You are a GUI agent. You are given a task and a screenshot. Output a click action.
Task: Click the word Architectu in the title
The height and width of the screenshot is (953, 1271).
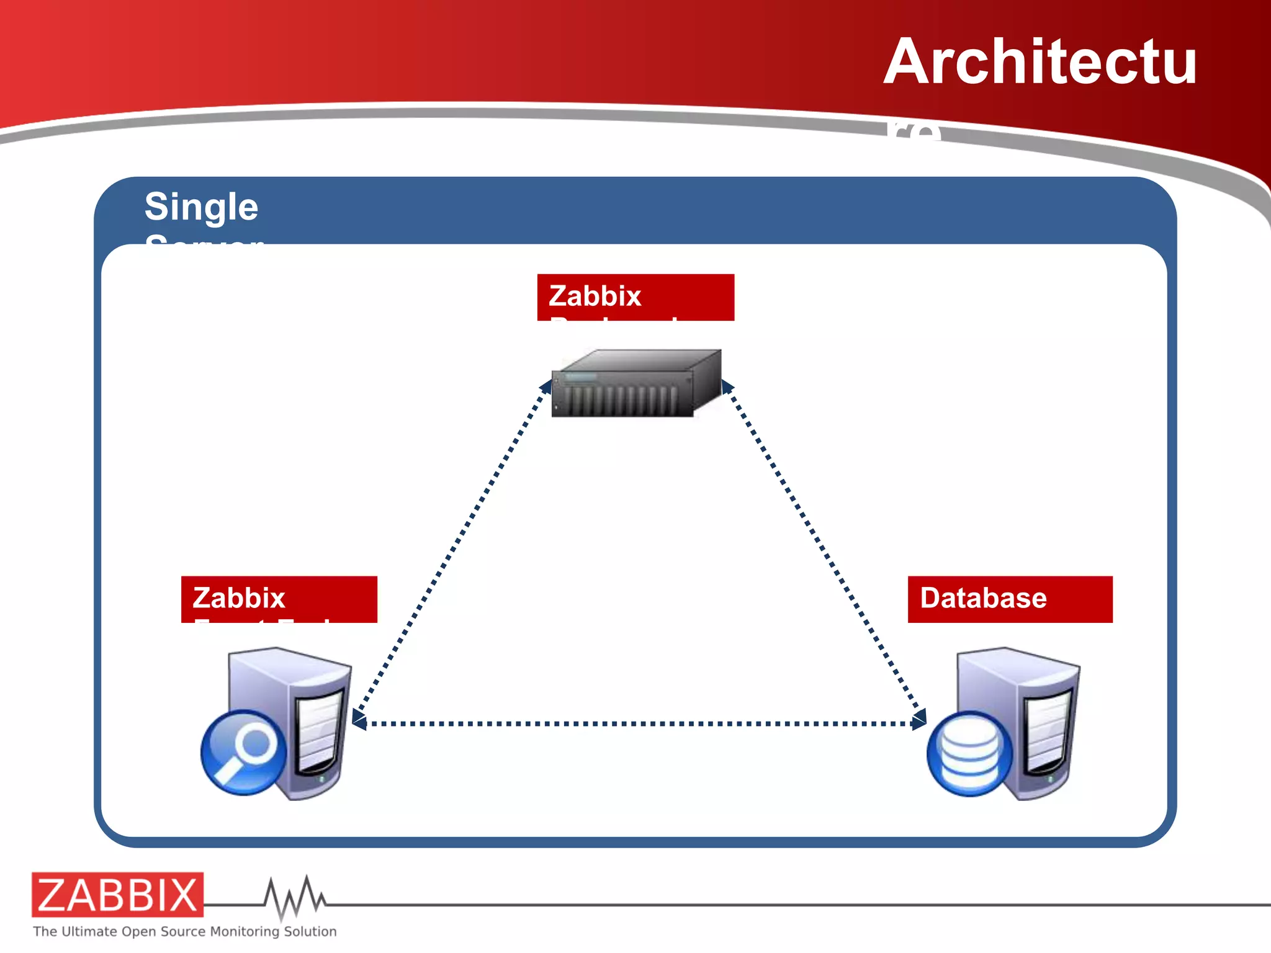pos(1040,62)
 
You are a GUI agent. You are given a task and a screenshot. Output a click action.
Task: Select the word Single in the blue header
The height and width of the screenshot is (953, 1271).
pos(201,207)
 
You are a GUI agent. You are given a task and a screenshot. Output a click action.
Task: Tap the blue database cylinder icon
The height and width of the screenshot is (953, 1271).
pos(969,753)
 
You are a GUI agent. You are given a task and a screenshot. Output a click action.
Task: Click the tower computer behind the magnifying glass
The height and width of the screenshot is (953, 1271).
pos(310,714)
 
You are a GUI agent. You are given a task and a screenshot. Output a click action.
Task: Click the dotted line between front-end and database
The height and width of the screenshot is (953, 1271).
pos(639,723)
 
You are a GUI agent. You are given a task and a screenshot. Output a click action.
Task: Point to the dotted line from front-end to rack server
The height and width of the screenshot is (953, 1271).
pos(453,546)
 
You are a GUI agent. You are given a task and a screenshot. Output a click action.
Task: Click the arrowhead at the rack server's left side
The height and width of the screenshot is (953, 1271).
pos(546,387)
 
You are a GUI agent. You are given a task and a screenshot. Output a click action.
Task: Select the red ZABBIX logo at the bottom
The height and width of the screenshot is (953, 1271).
pos(117,895)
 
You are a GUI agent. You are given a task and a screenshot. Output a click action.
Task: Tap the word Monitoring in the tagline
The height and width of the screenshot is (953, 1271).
pos(245,931)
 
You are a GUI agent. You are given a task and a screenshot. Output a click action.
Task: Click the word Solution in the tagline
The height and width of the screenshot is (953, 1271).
pos(310,931)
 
